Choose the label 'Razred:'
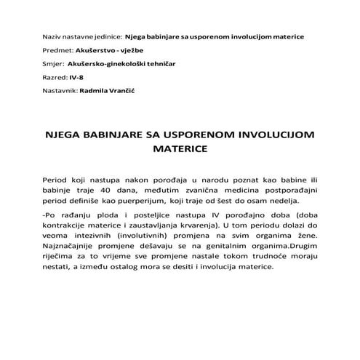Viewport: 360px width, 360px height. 52,79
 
